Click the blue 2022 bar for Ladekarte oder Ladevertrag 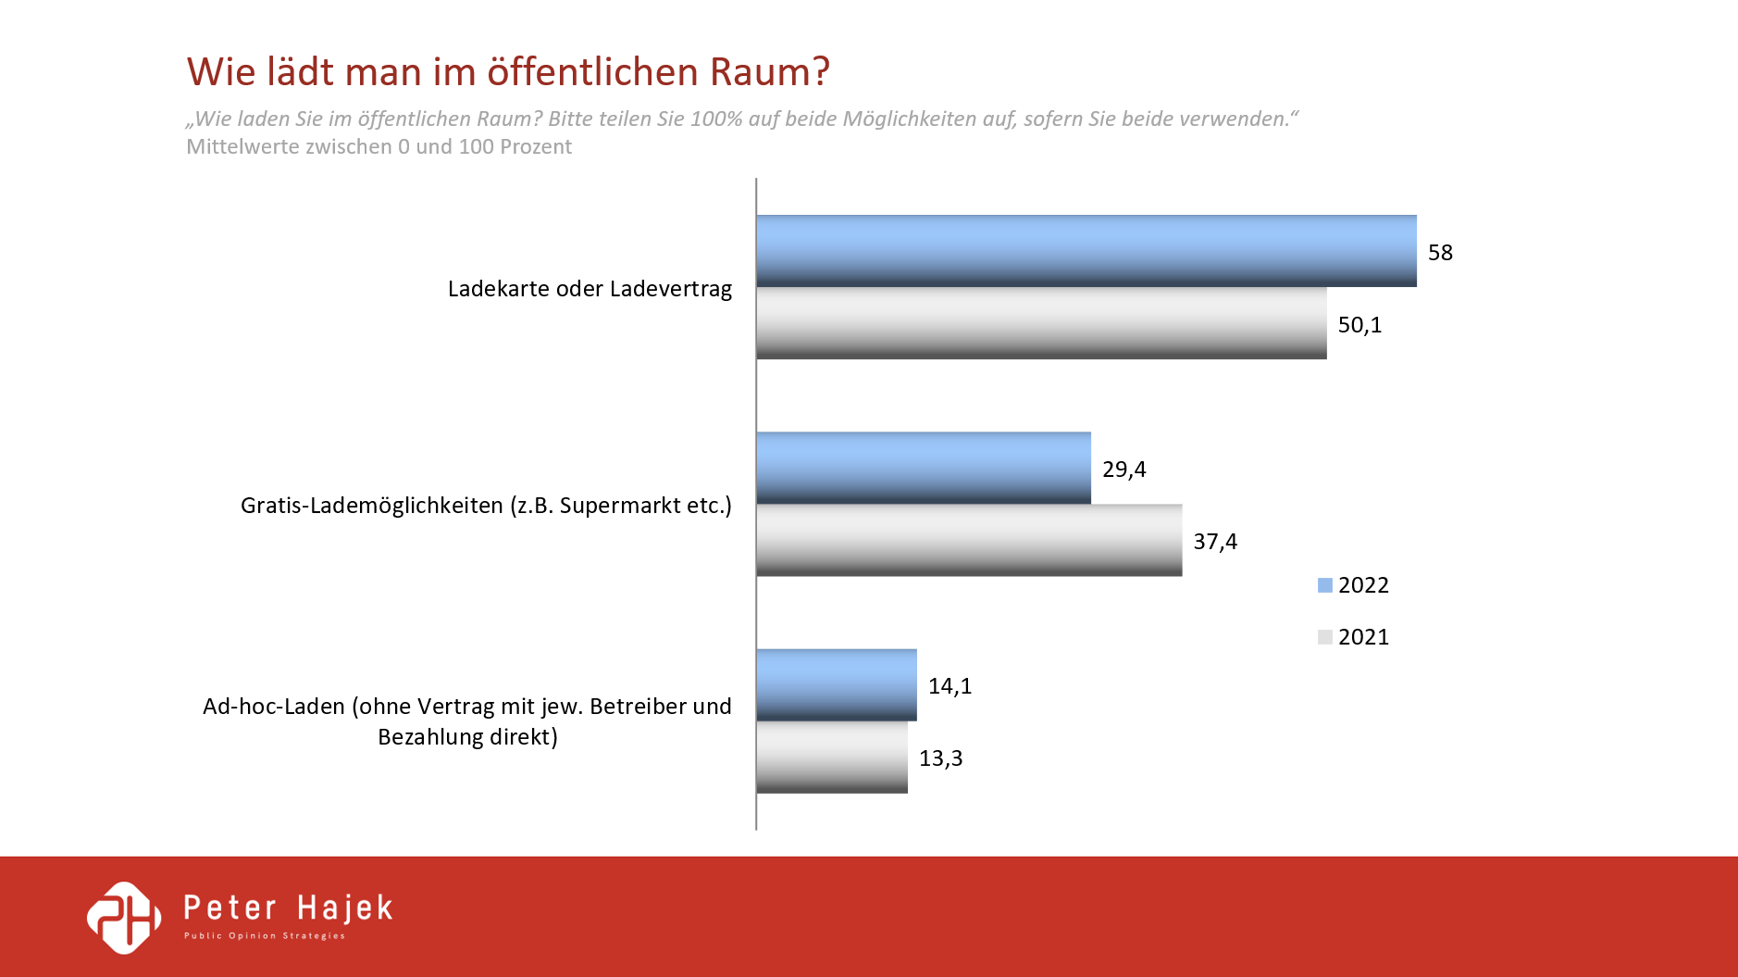1086,251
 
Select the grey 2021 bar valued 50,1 1041,323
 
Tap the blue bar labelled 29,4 923,468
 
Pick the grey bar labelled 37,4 969,540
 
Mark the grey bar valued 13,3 831,757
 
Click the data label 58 1440,253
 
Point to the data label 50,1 1359,325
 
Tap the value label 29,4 1123,470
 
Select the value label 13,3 940,758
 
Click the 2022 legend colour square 1324,585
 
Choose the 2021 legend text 1363,637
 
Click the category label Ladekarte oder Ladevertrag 590,289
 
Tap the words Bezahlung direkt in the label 467,737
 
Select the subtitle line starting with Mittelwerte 379,147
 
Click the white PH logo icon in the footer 124,917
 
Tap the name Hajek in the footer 345,908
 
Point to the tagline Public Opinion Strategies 265,936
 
